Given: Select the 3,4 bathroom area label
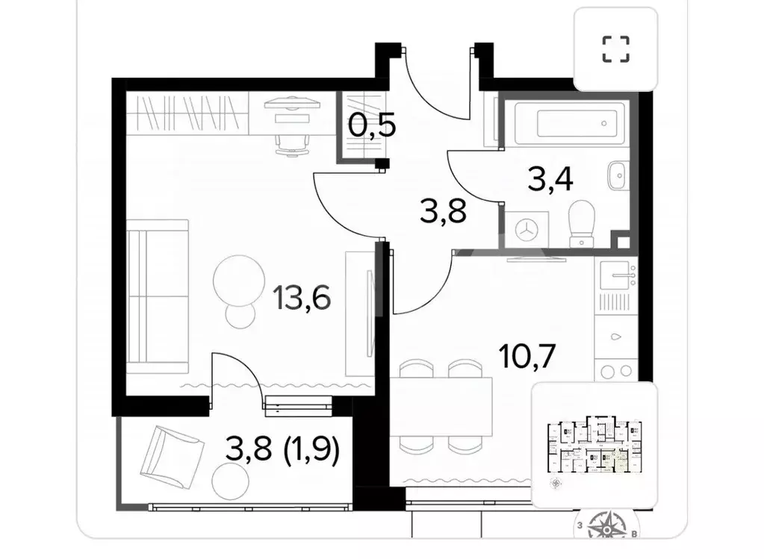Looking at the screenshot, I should [x=554, y=179].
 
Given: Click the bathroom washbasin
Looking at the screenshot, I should [x=617, y=176].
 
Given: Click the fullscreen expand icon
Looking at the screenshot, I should [x=615, y=49].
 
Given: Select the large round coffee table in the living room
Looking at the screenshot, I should [x=238, y=281].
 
